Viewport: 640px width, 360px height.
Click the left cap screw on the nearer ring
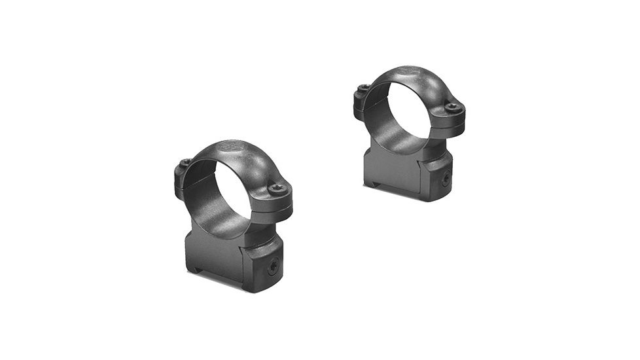pyautogui.click(x=185, y=162)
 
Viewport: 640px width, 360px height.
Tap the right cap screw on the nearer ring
pyautogui.click(x=277, y=188)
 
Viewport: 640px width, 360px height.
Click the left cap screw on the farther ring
pyautogui.click(x=361, y=88)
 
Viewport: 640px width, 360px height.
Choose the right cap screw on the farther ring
pyautogui.click(x=452, y=106)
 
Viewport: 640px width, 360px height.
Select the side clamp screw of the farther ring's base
pyautogui.click(x=445, y=178)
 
